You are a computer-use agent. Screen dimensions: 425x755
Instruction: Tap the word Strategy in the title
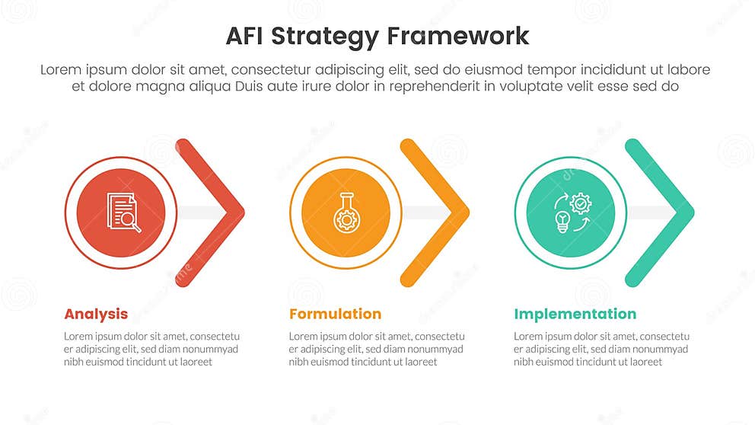pyautogui.click(x=332, y=36)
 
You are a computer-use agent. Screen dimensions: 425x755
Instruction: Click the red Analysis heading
pyautogui.click(x=96, y=314)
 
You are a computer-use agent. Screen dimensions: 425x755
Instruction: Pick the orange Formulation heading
pyautogui.click(x=335, y=314)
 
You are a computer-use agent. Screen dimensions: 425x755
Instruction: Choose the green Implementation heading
pyautogui.click(x=575, y=314)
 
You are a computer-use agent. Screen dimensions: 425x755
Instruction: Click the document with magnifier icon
pyautogui.click(x=123, y=212)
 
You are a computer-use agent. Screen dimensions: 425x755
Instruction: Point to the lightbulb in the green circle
pyautogui.click(x=562, y=222)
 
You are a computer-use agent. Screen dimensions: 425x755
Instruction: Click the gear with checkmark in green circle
pyautogui.click(x=581, y=203)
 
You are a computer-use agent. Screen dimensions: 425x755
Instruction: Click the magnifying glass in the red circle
pyautogui.click(x=130, y=221)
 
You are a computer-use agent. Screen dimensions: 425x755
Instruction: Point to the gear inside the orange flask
pyautogui.click(x=345, y=219)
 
